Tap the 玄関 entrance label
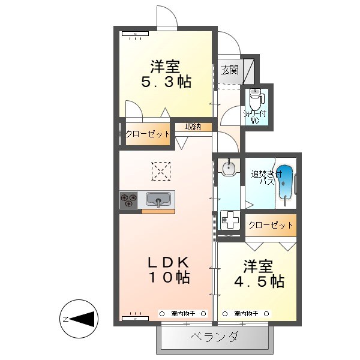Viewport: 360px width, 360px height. coord(229,70)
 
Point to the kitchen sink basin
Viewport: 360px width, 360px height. coord(158,200)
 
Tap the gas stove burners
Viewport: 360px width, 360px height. coord(129,200)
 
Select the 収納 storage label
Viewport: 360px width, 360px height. coord(193,127)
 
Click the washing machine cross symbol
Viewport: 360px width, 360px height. coord(229,221)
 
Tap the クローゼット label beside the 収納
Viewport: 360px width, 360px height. coord(148,134)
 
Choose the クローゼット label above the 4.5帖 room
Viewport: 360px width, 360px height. coord(271,225)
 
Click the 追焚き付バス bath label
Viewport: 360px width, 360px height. coord(263,178)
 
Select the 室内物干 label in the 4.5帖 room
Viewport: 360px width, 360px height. coord(247,313)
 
